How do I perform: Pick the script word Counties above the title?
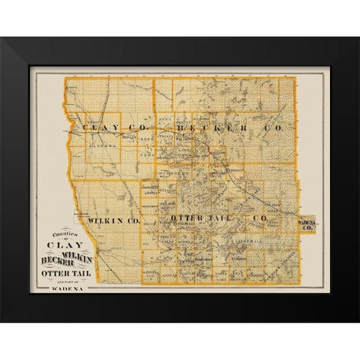[x=61, y=233]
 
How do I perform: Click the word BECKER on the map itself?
[x=215, y=129]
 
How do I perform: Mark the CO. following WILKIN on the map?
[x=132, y=220]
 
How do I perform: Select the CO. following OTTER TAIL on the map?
[x=262, y=217]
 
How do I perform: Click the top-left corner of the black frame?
[x=1, y=37]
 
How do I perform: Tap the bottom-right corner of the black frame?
[x=358, y=322]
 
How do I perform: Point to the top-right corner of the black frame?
[x=358, y=37]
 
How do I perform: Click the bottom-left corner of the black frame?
[x=1, y=322]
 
